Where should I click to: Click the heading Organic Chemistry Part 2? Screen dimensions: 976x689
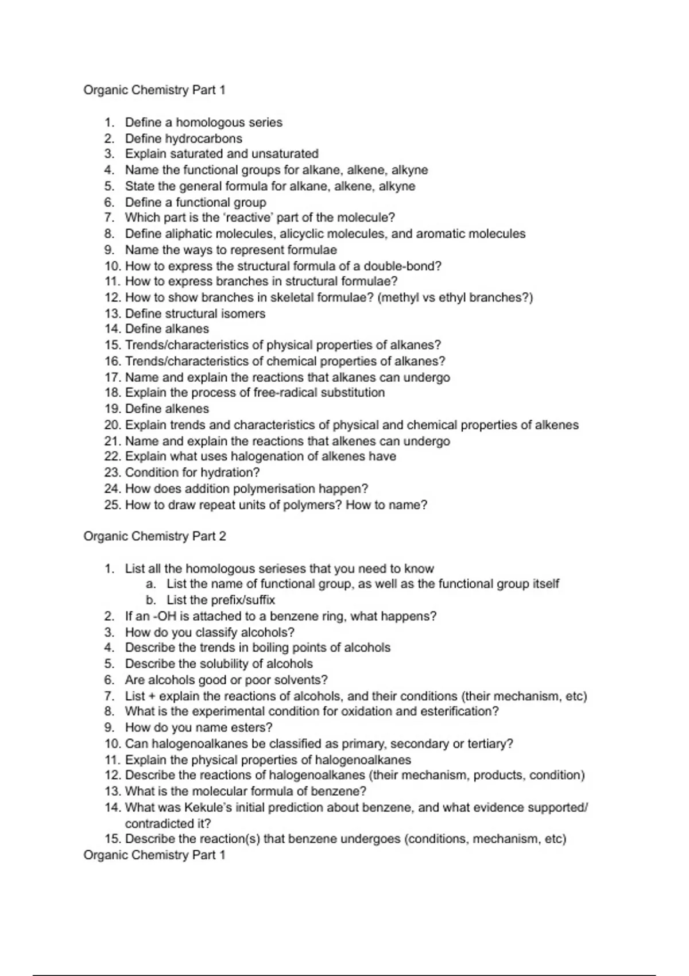[155, 536]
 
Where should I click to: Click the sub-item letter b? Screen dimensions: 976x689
[150, 600]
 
